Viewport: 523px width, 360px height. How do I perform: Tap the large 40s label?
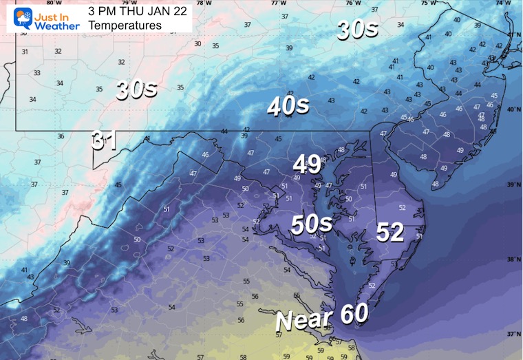click(x=288, y=106)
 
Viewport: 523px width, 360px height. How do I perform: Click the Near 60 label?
click(x=321, y=317)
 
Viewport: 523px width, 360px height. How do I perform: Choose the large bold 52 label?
click(x=389, y=233)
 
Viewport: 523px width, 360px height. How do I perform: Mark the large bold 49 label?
click(x=307, y=164)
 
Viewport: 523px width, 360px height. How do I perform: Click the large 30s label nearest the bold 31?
click(x=136, y=89)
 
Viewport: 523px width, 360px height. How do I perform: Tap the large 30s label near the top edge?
click(x=357, y=30)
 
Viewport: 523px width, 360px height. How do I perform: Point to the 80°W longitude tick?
click(x=48, y=3)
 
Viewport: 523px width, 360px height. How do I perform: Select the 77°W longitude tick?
click(x=278, y=3)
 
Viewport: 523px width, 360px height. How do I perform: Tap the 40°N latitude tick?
click(x=513, y=109)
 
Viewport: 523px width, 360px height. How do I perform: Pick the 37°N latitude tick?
click(x=513, y=334)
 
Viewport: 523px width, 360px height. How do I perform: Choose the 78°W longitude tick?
click(x=201, y=3)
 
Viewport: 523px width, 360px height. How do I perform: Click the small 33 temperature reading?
click(x=36, y=73)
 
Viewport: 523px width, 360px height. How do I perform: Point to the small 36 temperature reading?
click(x=61, y=136)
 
